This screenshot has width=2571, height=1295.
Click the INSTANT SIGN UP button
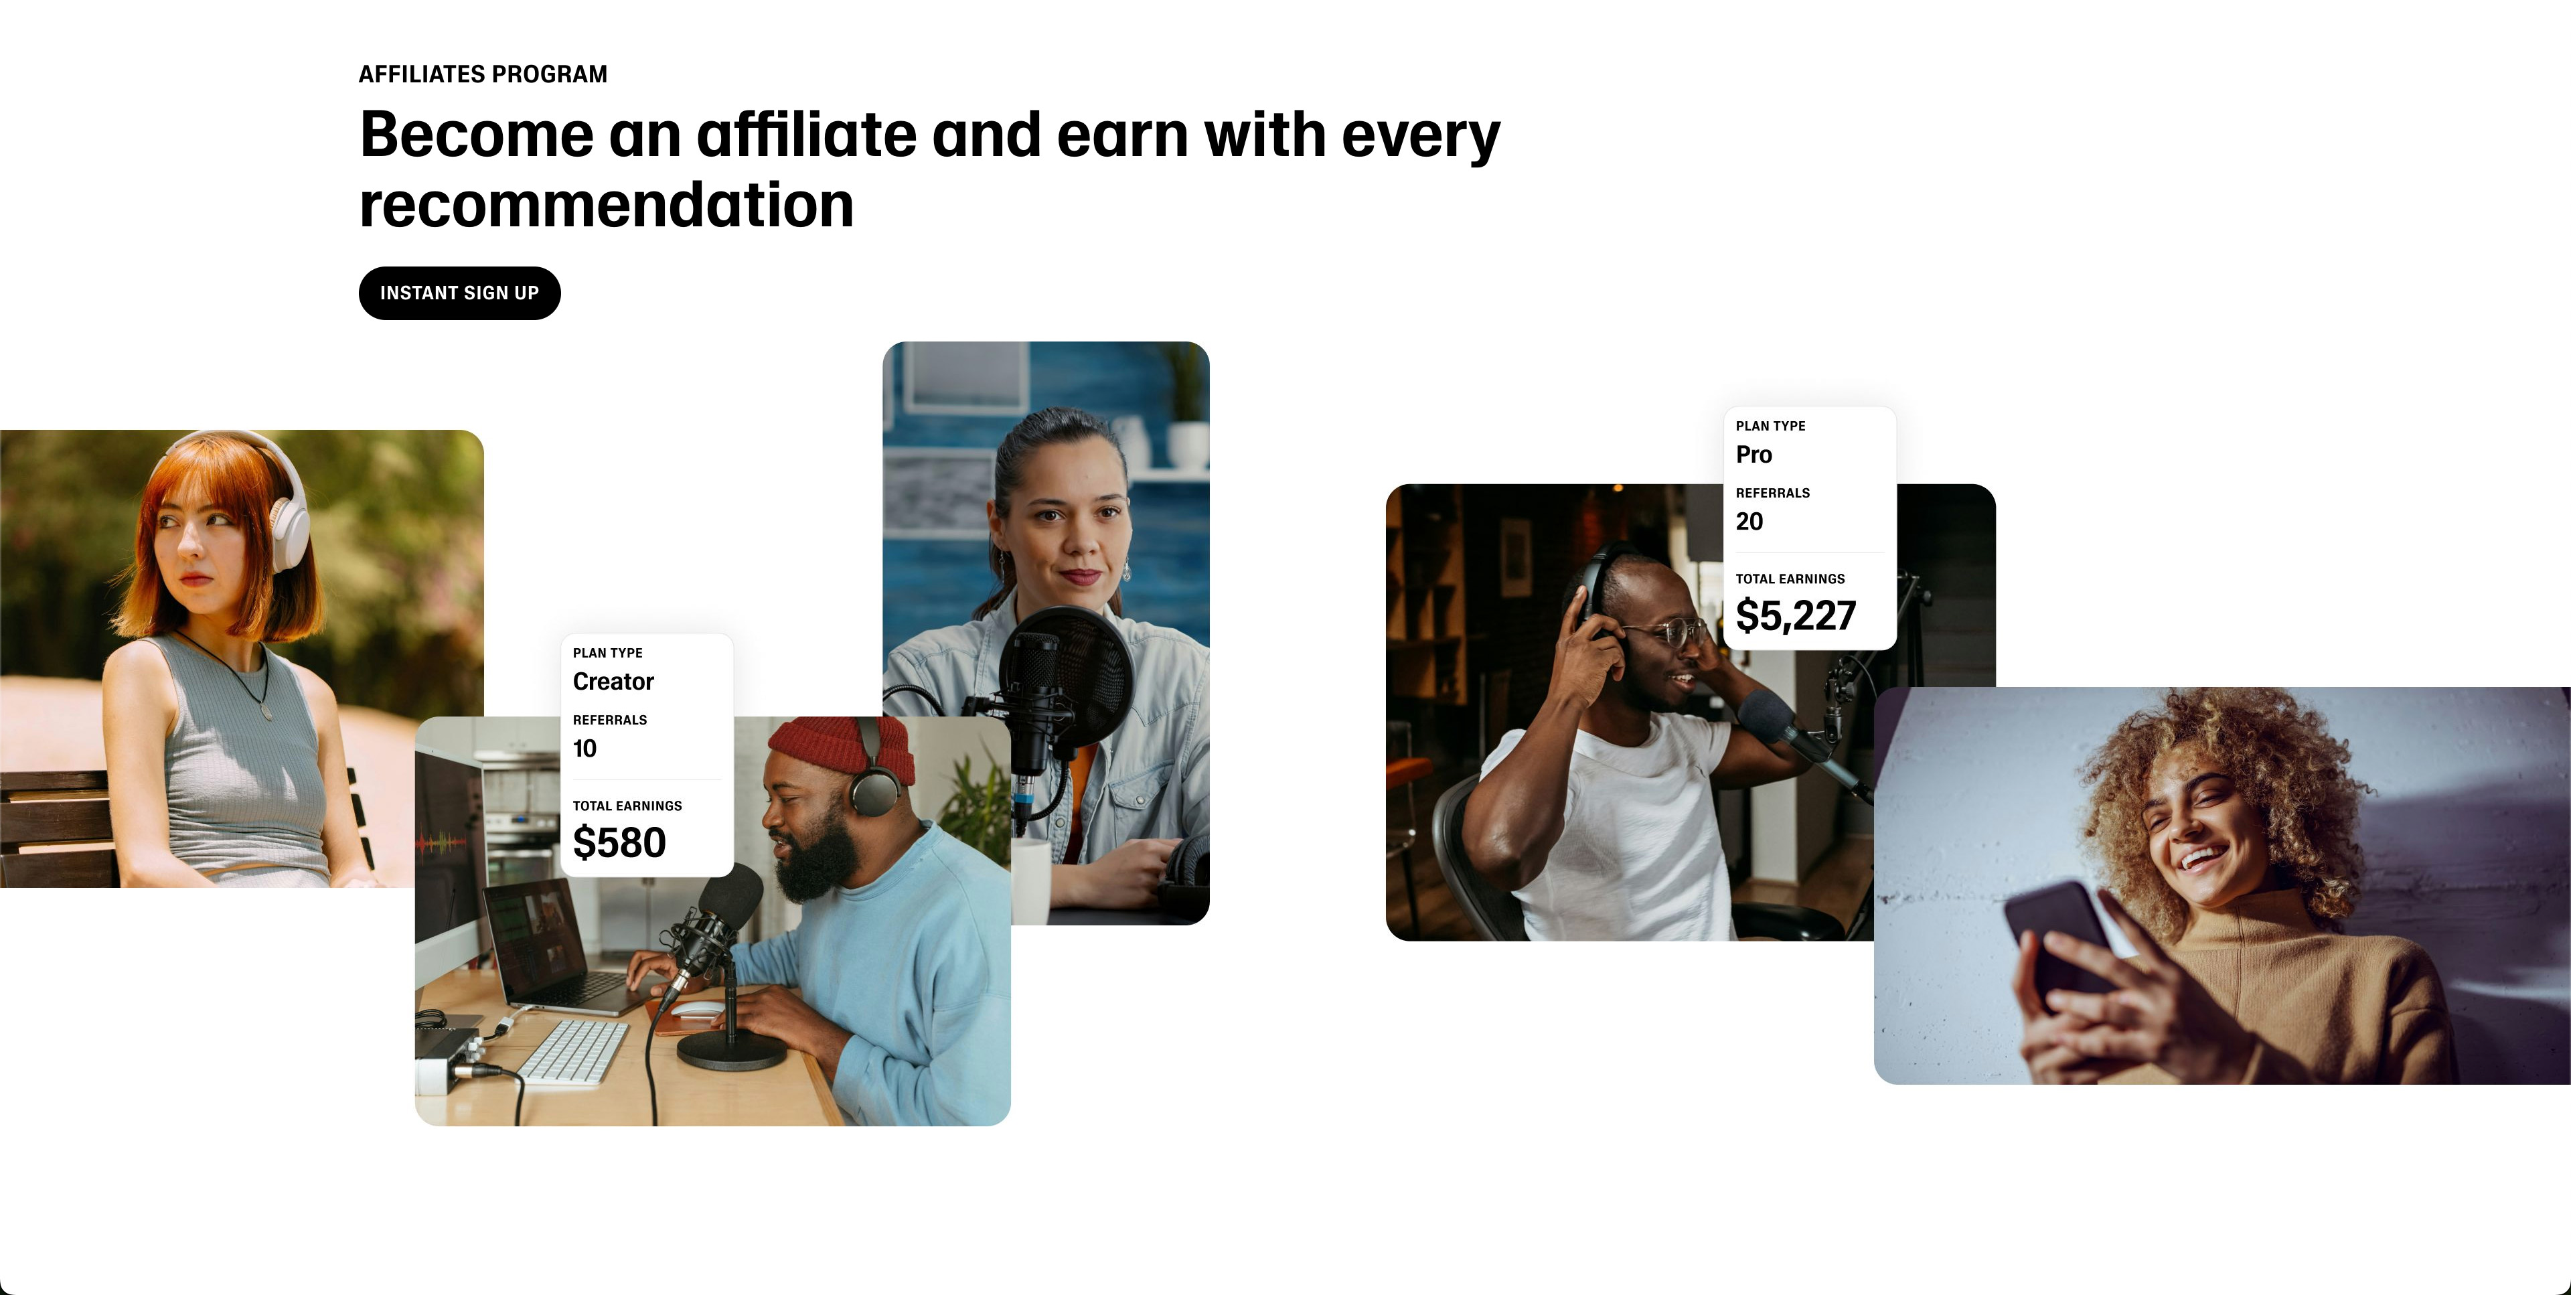point(459,293)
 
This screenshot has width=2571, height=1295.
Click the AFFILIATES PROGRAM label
point(483,74)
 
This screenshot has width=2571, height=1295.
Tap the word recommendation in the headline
point(606,206)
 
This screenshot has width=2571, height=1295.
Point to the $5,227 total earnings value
point(1796,616)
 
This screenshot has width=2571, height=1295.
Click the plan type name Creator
point(613,682)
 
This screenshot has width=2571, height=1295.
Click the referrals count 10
point(585,749)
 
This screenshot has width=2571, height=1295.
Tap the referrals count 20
point(1749,521)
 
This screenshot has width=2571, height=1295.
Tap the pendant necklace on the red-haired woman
point(264,712)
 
